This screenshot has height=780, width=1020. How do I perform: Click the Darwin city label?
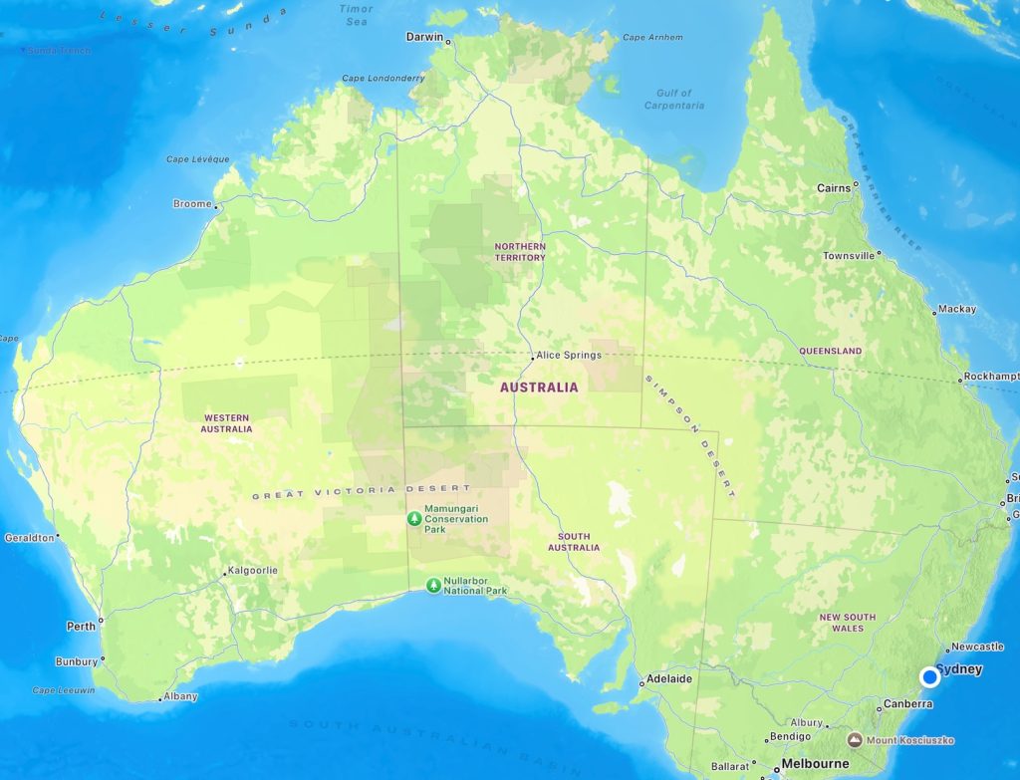point(425,37)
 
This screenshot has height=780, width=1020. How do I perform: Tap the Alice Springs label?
point(569,355)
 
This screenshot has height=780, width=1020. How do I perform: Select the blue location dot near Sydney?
point(929,677)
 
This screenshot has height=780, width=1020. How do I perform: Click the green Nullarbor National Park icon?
point(433,586)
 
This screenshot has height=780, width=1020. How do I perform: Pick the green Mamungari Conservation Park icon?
point(414,518)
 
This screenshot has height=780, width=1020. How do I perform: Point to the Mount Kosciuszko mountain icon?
point(855,740)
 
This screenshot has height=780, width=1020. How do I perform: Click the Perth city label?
point(81,627)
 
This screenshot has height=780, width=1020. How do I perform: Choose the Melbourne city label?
point(815,764)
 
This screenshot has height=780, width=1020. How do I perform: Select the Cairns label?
point(834,187)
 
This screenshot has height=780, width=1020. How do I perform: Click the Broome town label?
point(192,203)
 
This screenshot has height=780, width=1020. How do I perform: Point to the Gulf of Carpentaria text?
point(674,100)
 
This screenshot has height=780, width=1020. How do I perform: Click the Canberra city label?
point(907,704)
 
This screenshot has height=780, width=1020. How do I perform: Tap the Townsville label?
point(849,256)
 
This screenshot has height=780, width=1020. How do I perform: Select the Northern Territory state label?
point(520,252)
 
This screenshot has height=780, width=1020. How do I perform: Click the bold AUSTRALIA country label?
point(538,387)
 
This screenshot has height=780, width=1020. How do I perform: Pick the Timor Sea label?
point(356,14)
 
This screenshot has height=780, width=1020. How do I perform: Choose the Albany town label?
point(180,696)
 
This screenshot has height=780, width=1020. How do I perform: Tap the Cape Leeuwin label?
point(64,690)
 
